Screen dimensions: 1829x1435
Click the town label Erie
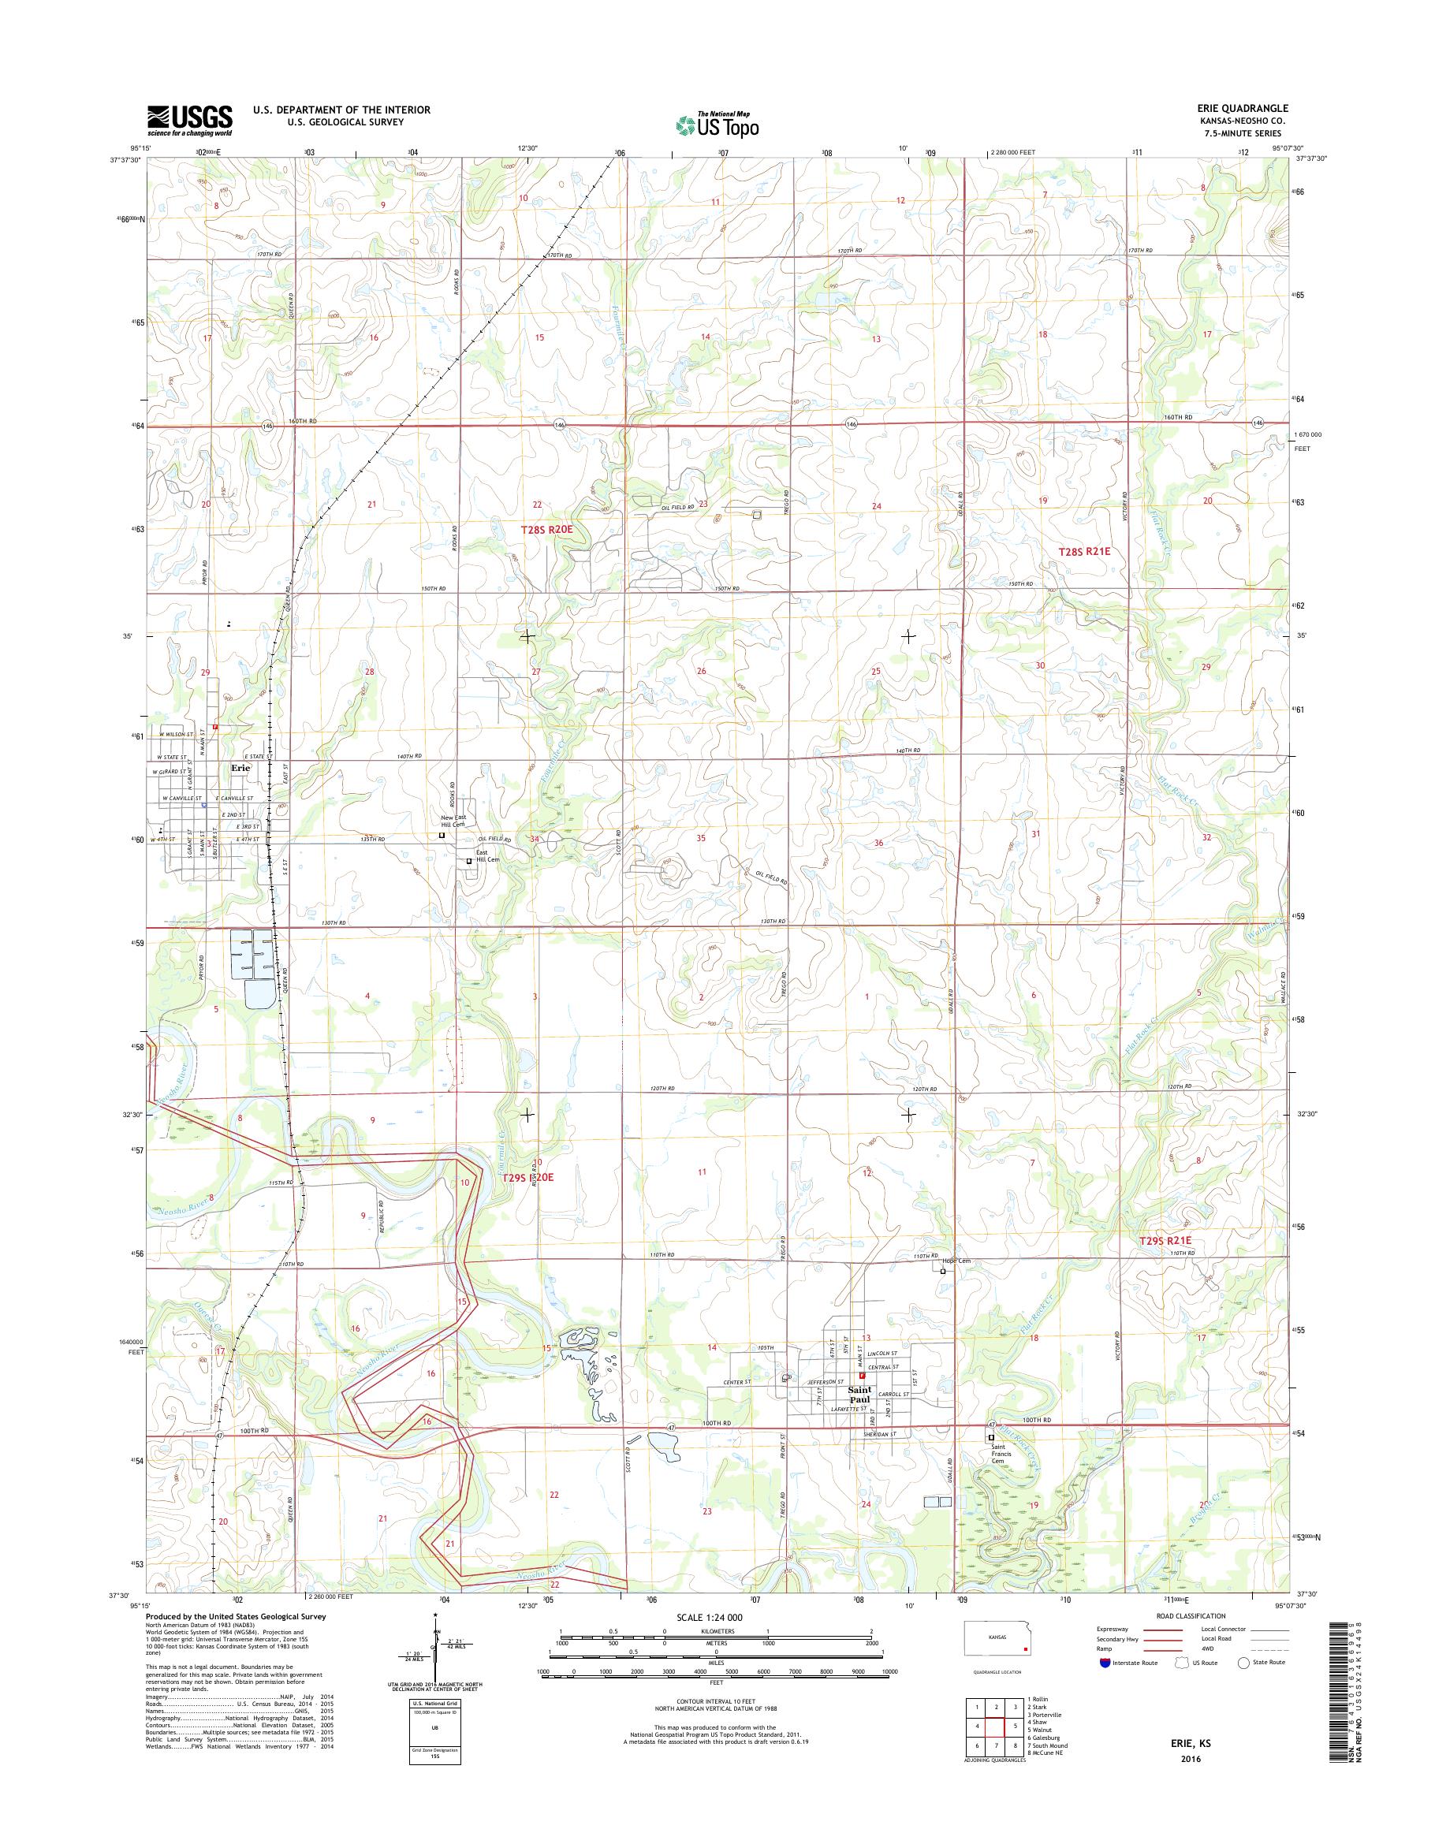240,768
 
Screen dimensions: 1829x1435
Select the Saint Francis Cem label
998,1454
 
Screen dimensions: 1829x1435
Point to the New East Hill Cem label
453,821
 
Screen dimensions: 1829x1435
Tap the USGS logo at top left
190,120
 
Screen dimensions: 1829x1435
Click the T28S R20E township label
546,529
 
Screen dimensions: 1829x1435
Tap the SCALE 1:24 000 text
709,1617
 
